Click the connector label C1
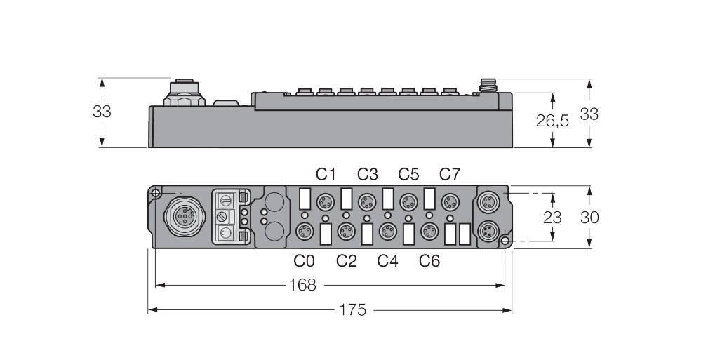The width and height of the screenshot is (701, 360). (x=326, y=173)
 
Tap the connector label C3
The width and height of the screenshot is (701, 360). (x=367, y=173)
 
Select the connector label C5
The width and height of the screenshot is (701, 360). (x=408, y=173)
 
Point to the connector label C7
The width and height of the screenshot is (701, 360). (x=450, y=173)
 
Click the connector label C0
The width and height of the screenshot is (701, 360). (x=305, y=261)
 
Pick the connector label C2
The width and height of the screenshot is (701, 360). (x=346, y=261)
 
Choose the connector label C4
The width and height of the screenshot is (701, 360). (x=387, y=261)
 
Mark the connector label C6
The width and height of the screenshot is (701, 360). (x=429, y=261)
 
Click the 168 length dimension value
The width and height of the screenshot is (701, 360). (x=302, y=285)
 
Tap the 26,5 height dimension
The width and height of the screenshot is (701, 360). (x=552, y=121)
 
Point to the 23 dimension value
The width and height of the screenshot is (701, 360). (x=552, y=217)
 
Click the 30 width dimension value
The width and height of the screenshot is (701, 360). (x=589, y=217)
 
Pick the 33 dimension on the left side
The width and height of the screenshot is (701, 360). (x=102, y=111)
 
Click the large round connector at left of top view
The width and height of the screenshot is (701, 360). (x=182, y=216)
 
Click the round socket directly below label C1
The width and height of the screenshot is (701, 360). (x=325, y=202)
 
